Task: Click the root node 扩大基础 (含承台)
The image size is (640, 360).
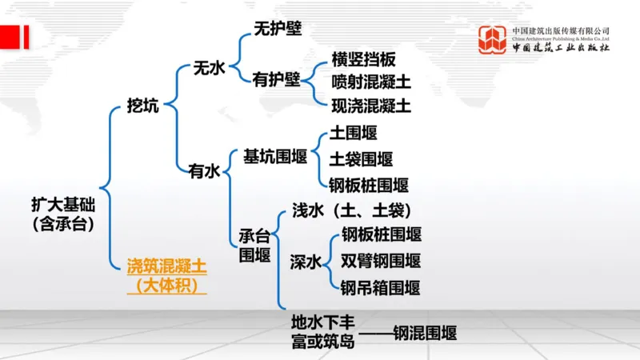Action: click(x=63, y=213)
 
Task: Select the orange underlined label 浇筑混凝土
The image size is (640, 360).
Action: click(x=166, y=264)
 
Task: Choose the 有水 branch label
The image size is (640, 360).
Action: click(x=204, y=170)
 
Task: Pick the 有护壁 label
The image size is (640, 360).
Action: click(x=276, y=80)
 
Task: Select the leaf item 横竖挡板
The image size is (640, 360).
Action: click(x=364, y=61)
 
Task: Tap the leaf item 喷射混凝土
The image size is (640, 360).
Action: click(x=371, y=82)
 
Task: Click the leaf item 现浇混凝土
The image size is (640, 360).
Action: click(x=371, y=104)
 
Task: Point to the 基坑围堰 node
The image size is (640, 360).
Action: click(x=276, y=156)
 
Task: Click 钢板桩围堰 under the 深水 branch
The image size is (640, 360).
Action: click(x=381, y=234)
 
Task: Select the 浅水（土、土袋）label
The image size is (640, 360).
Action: click(x=351, y=210)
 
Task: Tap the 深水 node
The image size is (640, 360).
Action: click(x=306, y=261)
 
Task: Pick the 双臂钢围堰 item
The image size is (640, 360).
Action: click(x=381, y=261)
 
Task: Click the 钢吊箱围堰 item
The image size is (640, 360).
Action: click(x=381, y=287)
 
